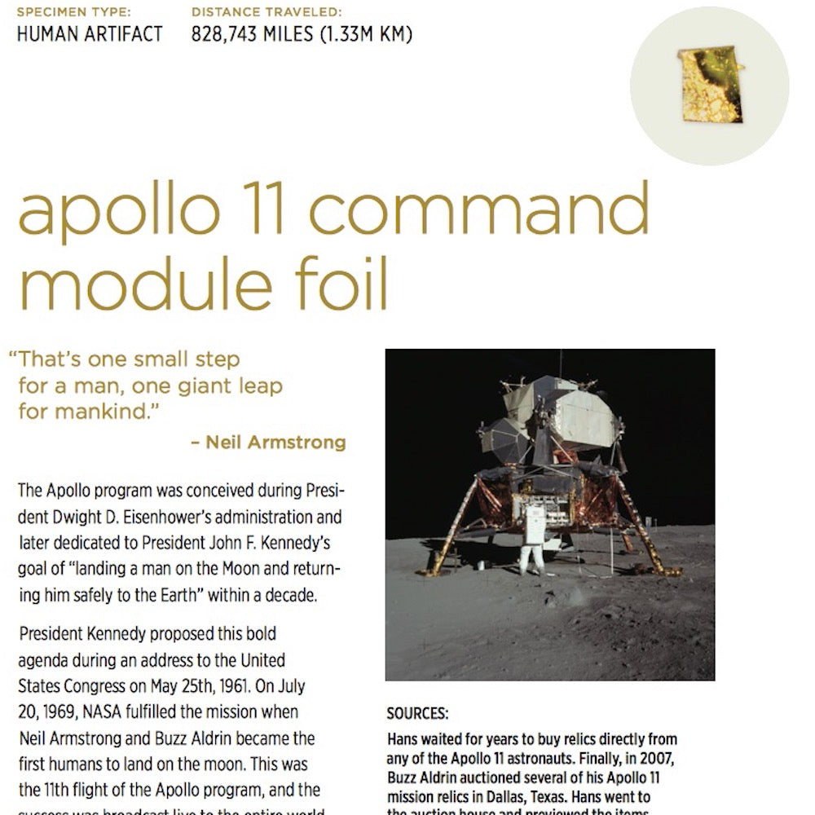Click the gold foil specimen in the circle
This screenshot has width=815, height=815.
(709, 85)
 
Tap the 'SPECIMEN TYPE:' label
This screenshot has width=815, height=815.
(74, 12)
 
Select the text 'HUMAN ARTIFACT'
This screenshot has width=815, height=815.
(90, 34)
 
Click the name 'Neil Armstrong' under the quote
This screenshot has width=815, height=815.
(275, 443)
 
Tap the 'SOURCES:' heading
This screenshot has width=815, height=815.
(417, 713)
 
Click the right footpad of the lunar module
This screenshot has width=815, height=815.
(672, 571)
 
